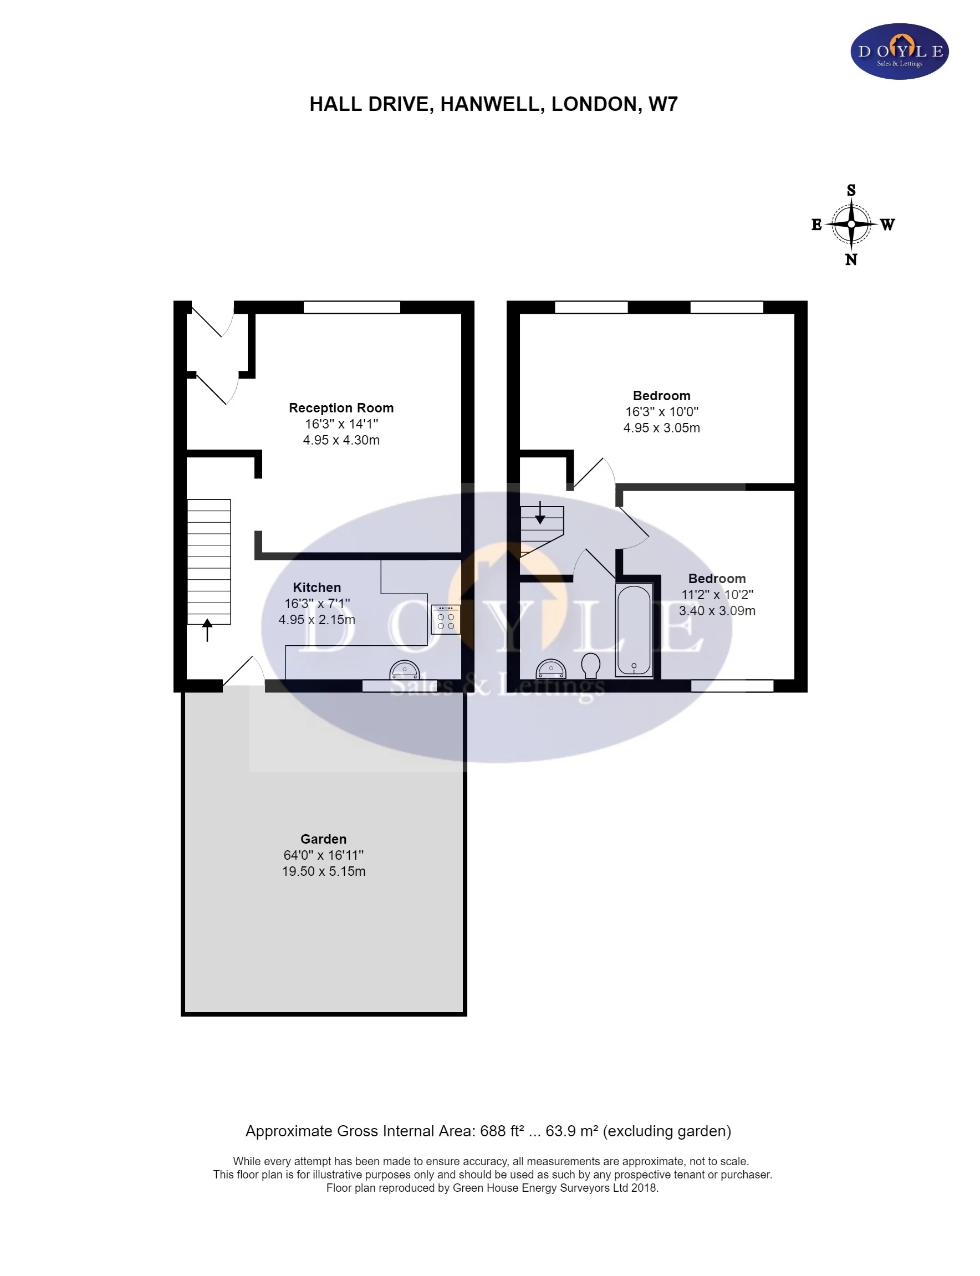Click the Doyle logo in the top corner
[899, 52]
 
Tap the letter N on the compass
[851, 260]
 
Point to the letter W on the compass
[887, 224]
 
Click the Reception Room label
[341, 407]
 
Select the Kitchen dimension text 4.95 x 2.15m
[317, 619]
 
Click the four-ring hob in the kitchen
[446, 620]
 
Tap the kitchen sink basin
[404, 670]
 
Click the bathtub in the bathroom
[634, 630]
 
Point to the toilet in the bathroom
[591, 665]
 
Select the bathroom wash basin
[550, 669]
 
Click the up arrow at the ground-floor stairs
[207, 630]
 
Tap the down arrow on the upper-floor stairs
[540, 513]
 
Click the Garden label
[323, 839]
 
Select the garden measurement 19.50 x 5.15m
[324, 871]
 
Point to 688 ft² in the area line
[502, 1131]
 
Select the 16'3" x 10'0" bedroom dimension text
[661, 412]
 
